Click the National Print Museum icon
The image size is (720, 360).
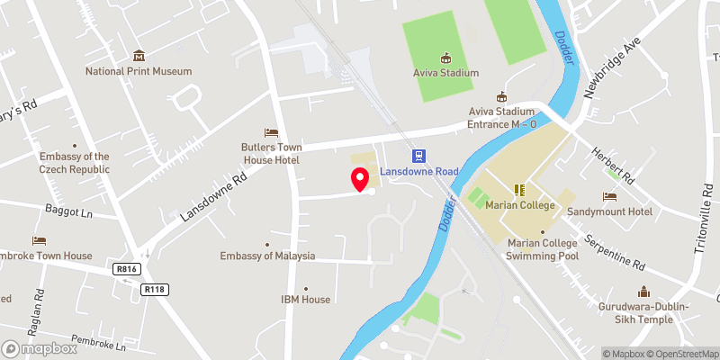tap(139, 56)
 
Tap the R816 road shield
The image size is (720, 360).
tap(126, 268)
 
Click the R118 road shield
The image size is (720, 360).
tap(155, 289)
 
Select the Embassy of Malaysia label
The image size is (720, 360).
tap(267, 256)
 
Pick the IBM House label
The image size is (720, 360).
tap(305, 299)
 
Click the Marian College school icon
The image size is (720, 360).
tap(517, 190)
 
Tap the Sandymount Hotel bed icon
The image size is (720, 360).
tap(610, 196)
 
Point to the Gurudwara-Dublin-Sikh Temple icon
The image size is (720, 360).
tap(643, 292)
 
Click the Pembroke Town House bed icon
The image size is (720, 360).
tap(39, 241)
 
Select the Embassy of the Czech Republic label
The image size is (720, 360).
tap(74, 162)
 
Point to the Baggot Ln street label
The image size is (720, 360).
tap(68, 214)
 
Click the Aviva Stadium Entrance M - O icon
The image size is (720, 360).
tap(503, 96)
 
